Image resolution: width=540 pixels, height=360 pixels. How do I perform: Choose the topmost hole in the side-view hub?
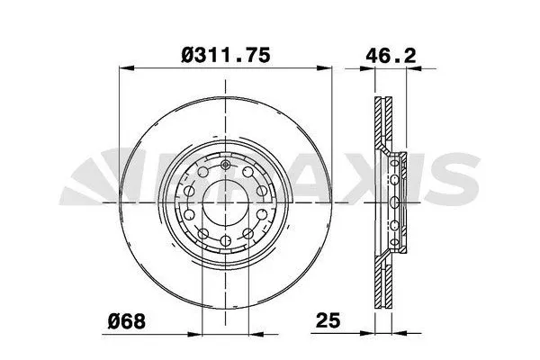point(394,162)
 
